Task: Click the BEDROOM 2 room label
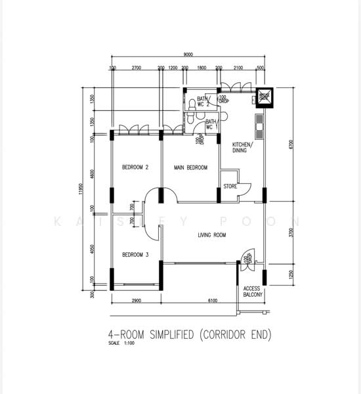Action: pos(135,168)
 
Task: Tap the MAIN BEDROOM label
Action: pos(190,168)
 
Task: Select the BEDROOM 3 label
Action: pos(135,255)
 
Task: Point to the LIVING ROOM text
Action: pos(211,234)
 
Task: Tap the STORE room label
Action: pos(229,186)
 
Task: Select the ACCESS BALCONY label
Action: pos(253,292)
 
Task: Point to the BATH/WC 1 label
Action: pos(211,124)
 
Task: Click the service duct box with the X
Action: pos(265,96)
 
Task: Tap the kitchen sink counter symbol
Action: pos(259,127)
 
